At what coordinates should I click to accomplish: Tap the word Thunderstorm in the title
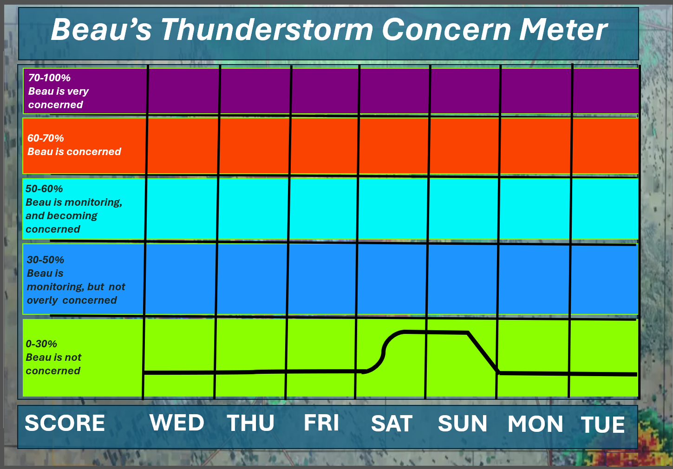pos(267,29)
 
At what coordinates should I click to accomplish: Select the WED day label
pos(177,423)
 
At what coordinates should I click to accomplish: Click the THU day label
pos(250,423)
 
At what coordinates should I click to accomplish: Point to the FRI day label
pos(321,423)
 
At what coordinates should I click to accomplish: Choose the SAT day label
pos(392,423)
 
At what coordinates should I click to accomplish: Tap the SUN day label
pos(463,423)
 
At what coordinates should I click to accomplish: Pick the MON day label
pos(535,424)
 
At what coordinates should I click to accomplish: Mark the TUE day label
pos(603,424)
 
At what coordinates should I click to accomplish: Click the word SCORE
pos(65,423)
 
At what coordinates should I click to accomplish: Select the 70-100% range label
pos(49,78)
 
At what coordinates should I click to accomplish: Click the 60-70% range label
pos(46,138)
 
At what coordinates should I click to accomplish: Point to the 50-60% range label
pos(44,189)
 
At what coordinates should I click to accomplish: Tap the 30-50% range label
pos(46,260)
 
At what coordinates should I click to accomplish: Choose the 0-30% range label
pos(41,344)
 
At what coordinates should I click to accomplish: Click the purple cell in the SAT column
pos(395,91)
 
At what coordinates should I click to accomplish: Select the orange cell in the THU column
pos(255,146)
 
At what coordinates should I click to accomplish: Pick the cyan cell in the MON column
pos(535,209)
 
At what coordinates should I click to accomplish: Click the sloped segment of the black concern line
pos(483,352)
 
